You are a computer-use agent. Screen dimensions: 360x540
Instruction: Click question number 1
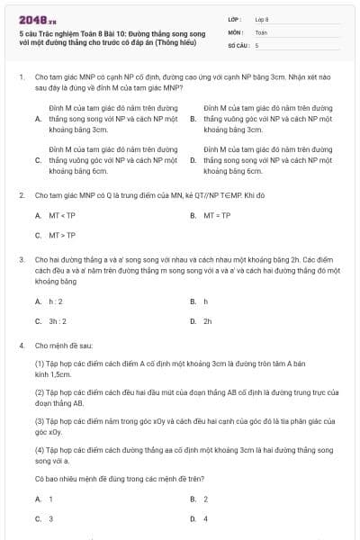21,78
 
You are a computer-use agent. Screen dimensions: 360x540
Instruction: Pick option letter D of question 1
193,160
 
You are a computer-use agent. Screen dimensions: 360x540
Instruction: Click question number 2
21,193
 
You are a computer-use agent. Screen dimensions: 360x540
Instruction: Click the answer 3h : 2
58,320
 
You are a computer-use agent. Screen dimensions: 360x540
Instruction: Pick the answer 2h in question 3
208,320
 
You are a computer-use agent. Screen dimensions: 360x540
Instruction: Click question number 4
21,345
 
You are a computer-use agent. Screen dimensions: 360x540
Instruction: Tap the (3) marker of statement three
40,420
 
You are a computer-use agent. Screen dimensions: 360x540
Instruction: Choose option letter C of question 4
38,518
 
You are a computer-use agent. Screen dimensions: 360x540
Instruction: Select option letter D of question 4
193,518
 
